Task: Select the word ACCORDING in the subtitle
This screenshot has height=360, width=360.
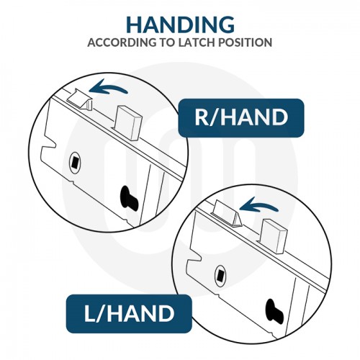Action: tap(117, 42)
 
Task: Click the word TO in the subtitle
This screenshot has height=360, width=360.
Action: tap(158, 42)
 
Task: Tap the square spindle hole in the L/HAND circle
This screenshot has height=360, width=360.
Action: tap(220, 274)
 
